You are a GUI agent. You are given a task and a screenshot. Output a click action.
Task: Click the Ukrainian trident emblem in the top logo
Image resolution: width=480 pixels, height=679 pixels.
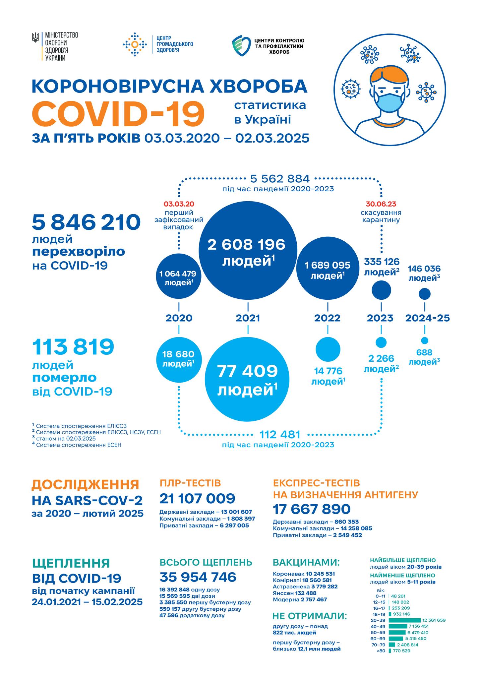35,37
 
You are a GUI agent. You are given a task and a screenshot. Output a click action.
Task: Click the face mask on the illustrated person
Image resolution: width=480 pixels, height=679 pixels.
389,102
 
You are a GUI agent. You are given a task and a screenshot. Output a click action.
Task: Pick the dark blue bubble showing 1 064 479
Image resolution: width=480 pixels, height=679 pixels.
178,278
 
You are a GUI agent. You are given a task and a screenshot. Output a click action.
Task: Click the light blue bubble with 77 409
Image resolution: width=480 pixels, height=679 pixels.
247,379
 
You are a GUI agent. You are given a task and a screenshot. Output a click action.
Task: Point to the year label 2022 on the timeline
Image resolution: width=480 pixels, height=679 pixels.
327,318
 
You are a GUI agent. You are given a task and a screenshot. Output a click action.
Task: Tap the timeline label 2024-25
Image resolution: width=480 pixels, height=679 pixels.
427,318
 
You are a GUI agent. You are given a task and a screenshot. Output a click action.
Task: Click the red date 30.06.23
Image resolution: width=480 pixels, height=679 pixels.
381,204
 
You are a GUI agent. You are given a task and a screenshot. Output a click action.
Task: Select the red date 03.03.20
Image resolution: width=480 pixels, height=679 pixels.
179,204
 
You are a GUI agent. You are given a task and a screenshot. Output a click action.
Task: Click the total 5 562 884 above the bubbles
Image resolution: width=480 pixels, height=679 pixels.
280,179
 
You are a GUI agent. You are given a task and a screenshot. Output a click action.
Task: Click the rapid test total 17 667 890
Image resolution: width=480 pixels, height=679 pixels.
311,509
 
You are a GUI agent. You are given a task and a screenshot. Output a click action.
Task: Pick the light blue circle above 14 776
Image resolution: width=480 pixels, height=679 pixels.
328,349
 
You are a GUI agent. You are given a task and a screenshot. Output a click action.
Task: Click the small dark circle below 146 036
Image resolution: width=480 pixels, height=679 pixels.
425,294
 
